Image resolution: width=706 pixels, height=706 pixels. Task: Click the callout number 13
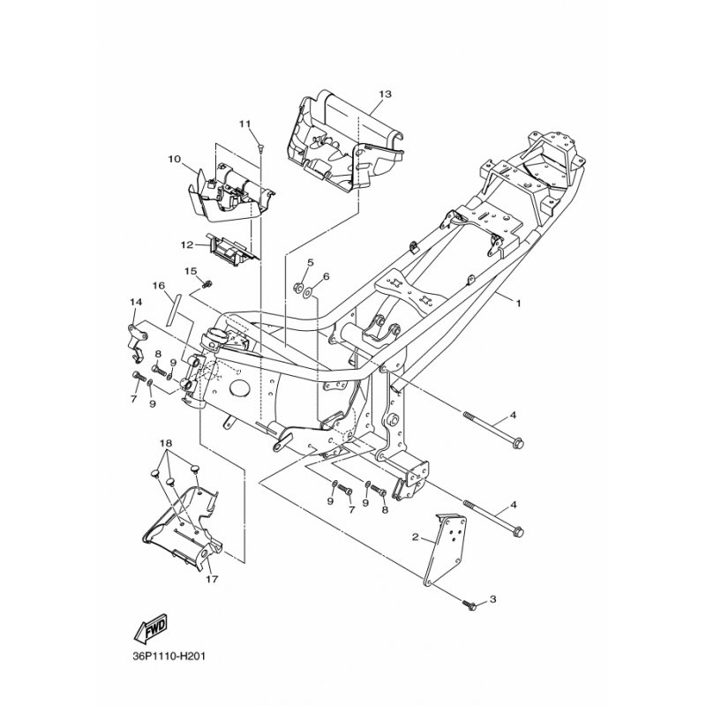pos(385,94)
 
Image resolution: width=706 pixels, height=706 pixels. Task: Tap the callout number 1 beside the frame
pos(518,303)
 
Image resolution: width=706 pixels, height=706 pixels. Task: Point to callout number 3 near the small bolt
pos(492,599)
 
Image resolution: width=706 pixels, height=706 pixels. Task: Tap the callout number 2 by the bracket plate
pos(415,537)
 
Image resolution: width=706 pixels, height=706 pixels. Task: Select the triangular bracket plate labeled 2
pos(444,549)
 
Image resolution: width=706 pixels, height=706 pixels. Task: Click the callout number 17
pos(212,579)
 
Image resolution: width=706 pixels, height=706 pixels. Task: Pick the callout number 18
pos(166,444)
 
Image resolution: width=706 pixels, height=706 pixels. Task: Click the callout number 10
pos(174,159)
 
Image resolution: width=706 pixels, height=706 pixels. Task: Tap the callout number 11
pos(244,124)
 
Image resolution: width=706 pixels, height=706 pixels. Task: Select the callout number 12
pos(187,245)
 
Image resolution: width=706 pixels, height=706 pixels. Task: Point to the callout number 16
pos(158,286)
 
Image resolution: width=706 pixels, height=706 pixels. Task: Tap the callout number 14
pos(136,302)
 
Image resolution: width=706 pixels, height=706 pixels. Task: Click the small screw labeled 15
pos(207,284)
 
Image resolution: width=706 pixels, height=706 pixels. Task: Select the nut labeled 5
pos(297,285)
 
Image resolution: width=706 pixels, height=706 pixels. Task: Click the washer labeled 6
pos(308,293)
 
